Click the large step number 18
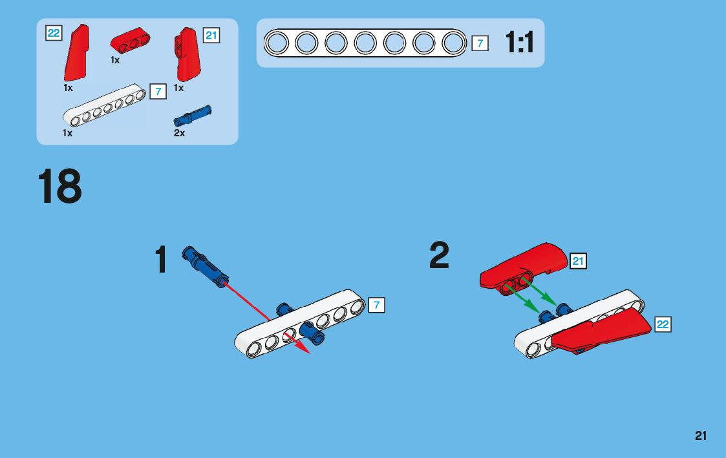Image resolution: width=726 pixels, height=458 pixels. point(60,187)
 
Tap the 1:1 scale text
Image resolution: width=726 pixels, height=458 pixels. point(520,43)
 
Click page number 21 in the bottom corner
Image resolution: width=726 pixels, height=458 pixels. point(701,436)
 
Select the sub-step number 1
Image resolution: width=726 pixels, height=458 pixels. point(161,260)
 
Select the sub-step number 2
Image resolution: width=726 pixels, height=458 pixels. point(439,256)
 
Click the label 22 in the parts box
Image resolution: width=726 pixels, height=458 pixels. point(54,33)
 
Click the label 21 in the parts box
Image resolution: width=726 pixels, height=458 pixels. point(211,36)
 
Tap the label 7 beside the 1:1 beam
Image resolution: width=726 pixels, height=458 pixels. point(480,43)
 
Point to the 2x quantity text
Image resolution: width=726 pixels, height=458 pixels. point(179,133)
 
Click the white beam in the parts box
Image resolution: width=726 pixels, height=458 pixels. point(103,106)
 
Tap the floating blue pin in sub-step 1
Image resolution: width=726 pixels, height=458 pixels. point(206,265)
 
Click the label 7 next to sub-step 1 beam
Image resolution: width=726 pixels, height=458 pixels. point(376,305)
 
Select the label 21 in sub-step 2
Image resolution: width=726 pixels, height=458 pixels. point(578,261)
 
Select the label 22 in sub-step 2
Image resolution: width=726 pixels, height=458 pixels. point(663,324)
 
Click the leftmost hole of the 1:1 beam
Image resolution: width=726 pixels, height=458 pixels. point(277,43)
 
